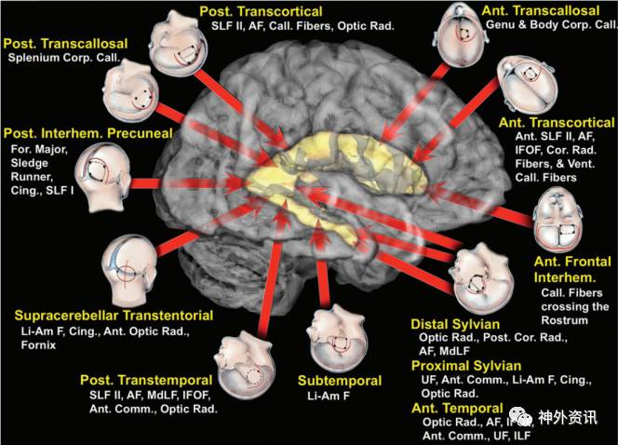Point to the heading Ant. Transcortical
(555, 123)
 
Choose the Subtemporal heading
(340, 381)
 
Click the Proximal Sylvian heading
(465, 366)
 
